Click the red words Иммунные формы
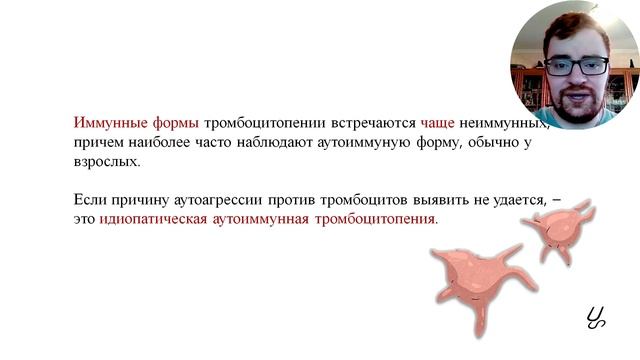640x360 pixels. [x=136, y=123]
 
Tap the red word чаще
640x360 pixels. [x=437, y=123]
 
